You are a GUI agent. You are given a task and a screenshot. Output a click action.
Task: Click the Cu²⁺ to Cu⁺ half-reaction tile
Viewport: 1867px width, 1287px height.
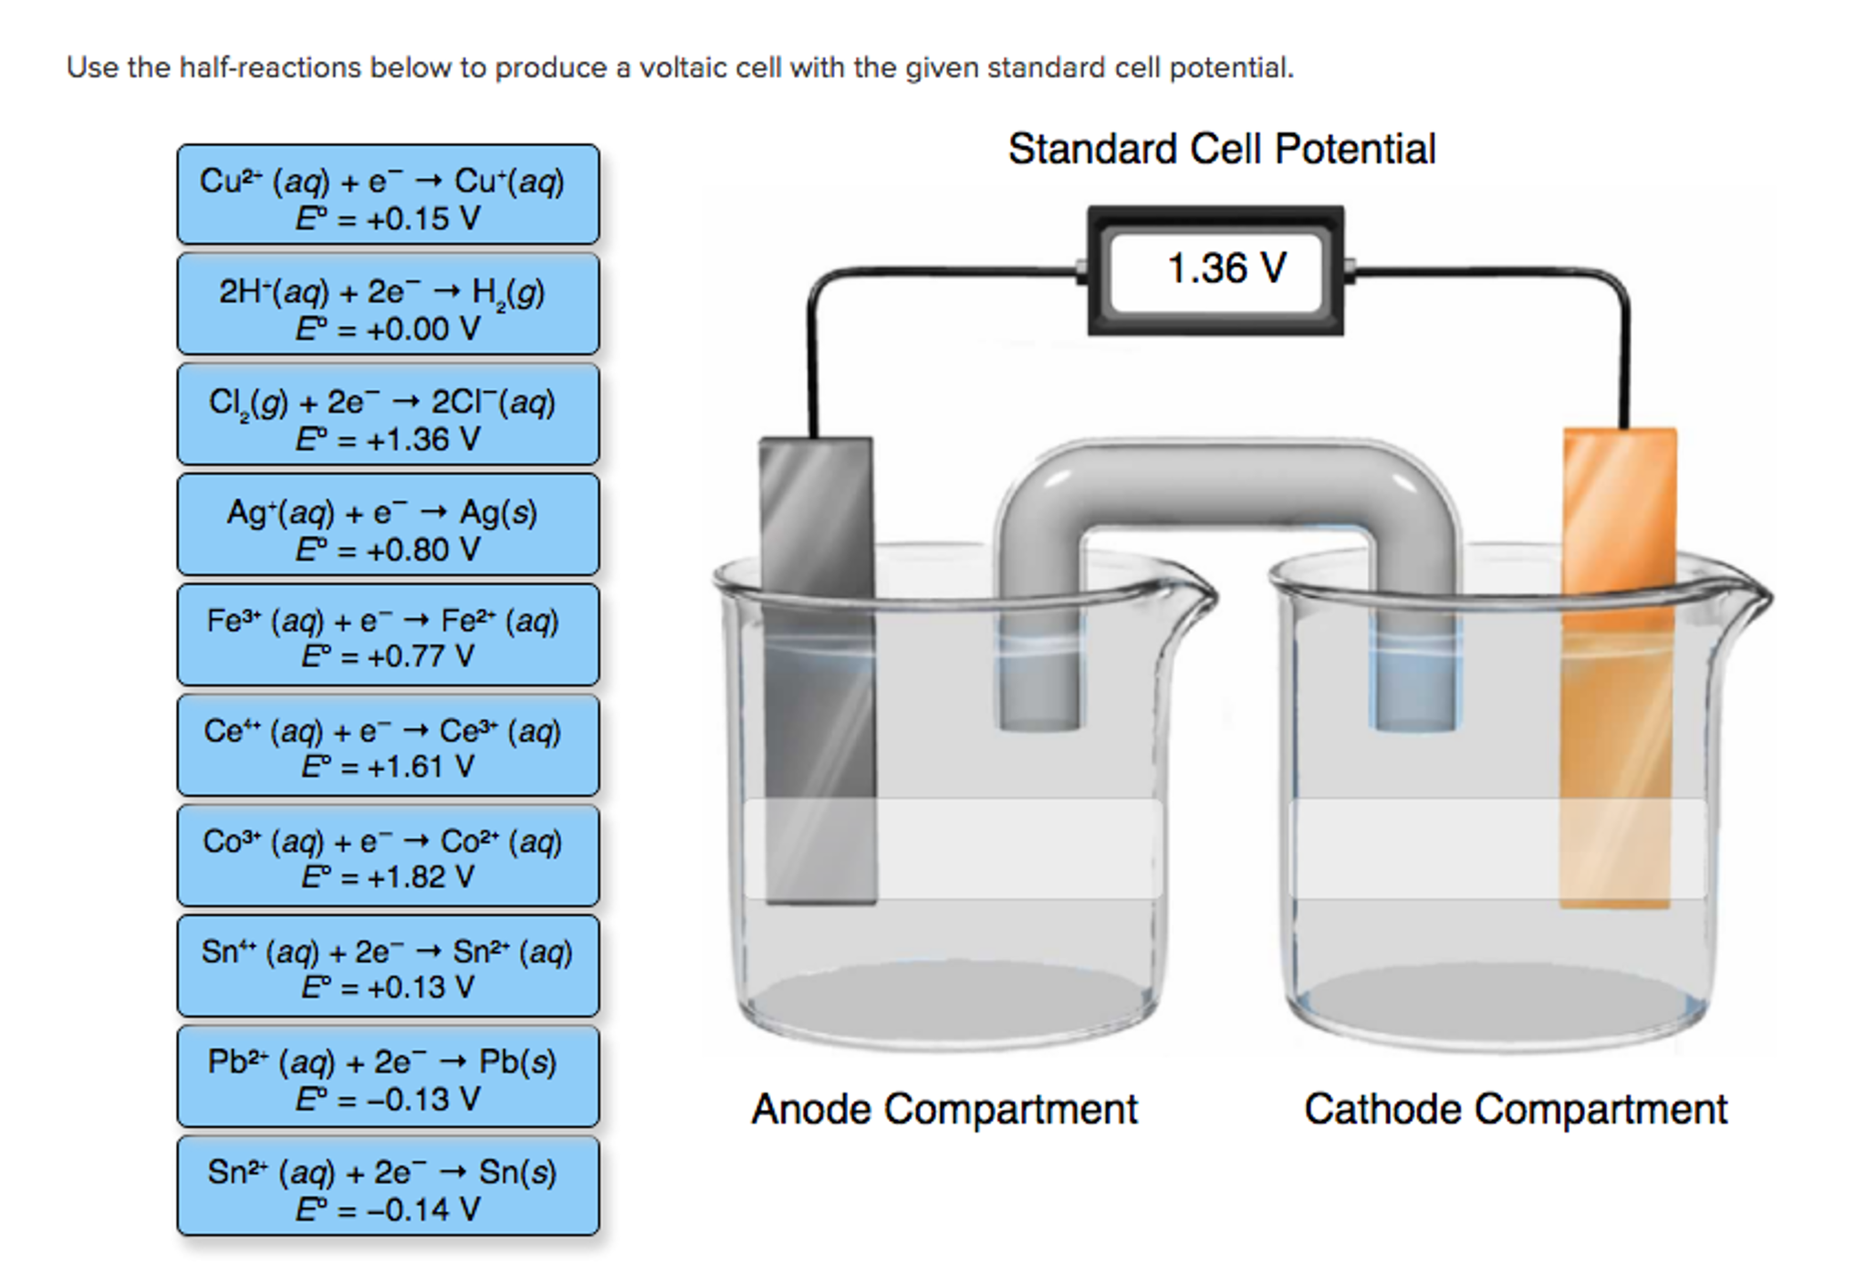tap(388, 194)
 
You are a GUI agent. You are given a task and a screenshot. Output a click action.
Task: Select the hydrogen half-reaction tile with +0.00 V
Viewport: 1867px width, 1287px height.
tap(388, 305)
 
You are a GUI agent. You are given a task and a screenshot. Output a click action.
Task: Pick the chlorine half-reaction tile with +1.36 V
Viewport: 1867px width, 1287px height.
tap(388, 415)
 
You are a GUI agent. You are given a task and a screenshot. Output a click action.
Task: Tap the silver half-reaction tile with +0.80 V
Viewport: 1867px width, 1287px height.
tap(388, 526)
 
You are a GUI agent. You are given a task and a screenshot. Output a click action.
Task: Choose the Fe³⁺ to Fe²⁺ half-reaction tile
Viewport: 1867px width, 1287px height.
tap(388, 635)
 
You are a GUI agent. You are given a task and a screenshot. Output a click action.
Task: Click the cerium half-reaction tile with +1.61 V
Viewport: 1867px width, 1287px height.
tap(388, 746)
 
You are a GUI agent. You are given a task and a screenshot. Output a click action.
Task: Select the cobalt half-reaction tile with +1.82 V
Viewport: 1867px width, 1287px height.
tap(388, 856)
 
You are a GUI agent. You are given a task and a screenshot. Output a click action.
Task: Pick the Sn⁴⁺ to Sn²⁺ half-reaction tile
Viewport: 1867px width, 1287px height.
tap(388, 967)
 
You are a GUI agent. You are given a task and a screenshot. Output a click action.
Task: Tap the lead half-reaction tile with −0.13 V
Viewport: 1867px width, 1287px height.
tap(388, 1077)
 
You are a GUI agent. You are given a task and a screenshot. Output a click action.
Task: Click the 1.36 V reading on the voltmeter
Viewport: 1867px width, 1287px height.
tap(1226, 269)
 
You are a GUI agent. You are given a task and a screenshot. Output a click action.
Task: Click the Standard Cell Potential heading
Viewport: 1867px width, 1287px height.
tap(1221, 150)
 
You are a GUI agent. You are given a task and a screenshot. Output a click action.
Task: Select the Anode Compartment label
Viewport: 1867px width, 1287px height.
tap(944, 1110)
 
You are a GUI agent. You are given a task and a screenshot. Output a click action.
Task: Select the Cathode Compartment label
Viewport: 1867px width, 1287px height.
tap(1515, 1110)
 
